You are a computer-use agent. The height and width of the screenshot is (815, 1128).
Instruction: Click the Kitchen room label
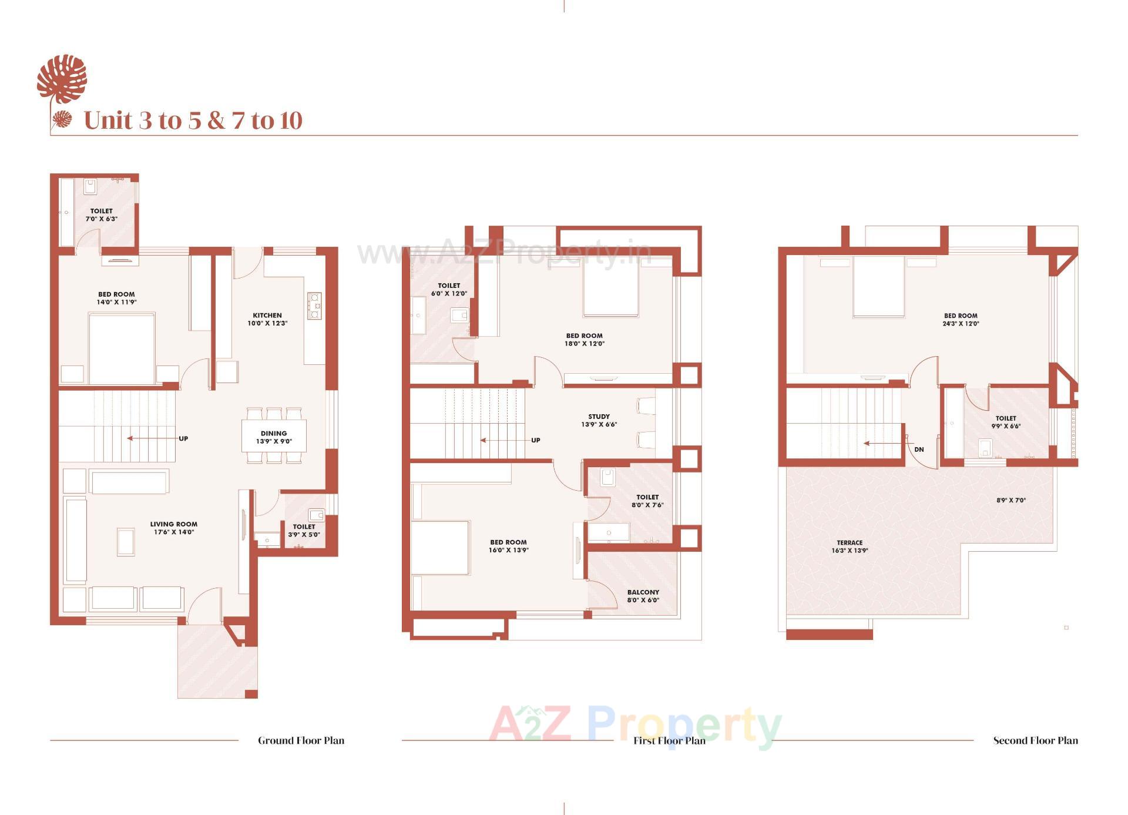coord(267,316)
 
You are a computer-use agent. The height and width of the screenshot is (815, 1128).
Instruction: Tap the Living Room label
coord(173,524)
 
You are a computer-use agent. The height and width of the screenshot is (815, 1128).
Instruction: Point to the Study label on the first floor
coord(599,417)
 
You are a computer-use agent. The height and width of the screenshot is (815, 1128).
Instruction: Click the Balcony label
coord(643,592)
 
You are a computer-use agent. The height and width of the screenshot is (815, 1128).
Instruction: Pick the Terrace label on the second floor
coord(850,543)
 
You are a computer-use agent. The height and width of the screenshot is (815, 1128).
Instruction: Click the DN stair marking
coord(919,450)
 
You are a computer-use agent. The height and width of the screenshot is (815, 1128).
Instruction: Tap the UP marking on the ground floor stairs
coord(183,439)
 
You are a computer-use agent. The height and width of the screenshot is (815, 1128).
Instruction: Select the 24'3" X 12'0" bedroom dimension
coord(961,324)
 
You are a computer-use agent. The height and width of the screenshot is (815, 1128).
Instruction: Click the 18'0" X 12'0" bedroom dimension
coord(584,344)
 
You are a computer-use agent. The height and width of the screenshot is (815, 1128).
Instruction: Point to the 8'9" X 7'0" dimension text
coord(1010,501)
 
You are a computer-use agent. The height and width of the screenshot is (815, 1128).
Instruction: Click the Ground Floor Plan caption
coord(301,740)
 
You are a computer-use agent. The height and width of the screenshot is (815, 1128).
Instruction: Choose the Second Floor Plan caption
coord(1035,740)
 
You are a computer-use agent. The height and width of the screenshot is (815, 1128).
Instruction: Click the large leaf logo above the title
coord(62,78)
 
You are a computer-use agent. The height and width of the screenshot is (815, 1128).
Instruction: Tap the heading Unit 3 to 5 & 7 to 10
coord(193,120)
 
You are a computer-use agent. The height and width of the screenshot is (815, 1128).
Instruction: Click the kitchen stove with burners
coord(314,306)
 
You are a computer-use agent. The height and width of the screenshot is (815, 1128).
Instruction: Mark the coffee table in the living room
coord(126,541)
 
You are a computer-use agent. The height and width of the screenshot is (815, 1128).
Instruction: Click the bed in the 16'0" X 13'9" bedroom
coord(439,548)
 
